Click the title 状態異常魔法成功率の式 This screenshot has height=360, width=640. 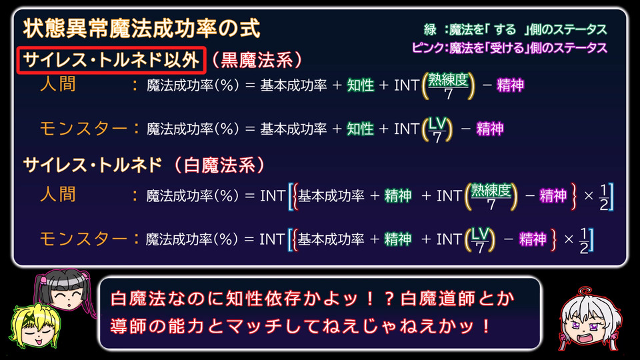click(x=141, y=29)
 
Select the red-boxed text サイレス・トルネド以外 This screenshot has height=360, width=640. click(x=111, y=60)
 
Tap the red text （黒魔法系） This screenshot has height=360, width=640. click(x=257, y=60)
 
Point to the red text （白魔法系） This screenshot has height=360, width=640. click(x=219, y=165)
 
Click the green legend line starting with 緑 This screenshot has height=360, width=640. click(x=515, y=29)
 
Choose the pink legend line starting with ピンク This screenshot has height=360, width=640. click(x=509, y=48)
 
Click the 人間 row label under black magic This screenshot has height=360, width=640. click(x=58, y=84)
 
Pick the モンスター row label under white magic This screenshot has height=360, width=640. click(x=83, y=239)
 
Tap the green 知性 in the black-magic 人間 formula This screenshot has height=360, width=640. click(x=361, y=85)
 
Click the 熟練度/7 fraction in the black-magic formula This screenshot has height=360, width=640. click(x=448, y=86)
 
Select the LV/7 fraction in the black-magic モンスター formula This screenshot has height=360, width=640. click(x=437, y=130)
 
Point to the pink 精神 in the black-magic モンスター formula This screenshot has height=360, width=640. click(x=490, y=129)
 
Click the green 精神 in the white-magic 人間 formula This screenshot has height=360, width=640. click(x=398, y=196)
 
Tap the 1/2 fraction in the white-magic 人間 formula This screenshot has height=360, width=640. click(x=604, y=197)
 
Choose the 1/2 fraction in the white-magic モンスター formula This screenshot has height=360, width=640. click(x=584, y=241)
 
